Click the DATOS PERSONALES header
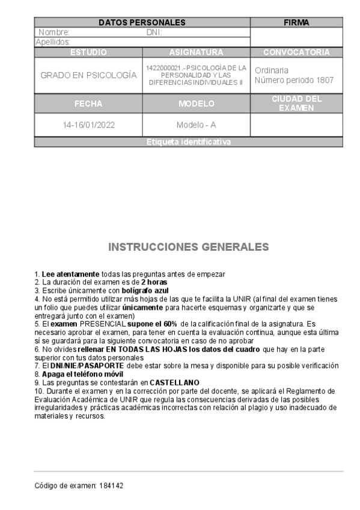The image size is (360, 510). coord(142,23)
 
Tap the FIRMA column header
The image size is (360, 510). coord(296,23)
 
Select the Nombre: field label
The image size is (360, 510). coord(54,32)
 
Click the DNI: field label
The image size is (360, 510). coord(154,32)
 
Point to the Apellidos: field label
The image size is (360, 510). coord(53,42)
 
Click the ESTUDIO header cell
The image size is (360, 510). coord(88,52)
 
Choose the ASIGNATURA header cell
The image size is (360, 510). coord(197,52)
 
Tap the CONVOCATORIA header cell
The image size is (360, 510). coord(296,52)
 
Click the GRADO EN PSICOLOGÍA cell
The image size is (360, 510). coord(88,76)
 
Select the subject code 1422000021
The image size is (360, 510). coord(163,68)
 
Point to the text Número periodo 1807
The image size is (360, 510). coord(294,81)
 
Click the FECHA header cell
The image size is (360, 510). coord(88,103)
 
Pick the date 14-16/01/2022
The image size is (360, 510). coord(88,126)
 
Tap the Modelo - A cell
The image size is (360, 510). coord(197,126)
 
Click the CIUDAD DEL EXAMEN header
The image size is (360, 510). coord(296,103)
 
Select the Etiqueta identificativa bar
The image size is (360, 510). coord(188,143)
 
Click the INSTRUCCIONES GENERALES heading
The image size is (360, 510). coord(188,247)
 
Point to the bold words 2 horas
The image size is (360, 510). coord(154,282)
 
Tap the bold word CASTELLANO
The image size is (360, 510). coord(174,382)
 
